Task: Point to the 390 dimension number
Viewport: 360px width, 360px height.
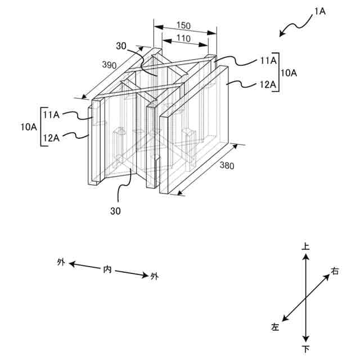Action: pyautogui.click(x=109, y=66)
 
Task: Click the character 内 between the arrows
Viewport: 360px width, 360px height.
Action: pyautogui.click(x=107, y=269)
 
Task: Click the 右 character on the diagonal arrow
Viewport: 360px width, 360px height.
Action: pyautogui.click(x=335, y=272)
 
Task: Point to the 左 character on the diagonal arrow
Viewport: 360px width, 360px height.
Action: pyautogui.click(x=275, y=326)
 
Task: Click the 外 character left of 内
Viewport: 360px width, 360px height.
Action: pyautogui.click(x=61, y=262)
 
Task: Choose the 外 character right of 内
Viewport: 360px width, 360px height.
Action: pyautogui.click(x=154, y=276)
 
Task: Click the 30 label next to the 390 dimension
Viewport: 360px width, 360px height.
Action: pyautogui.click(x=122, y=46)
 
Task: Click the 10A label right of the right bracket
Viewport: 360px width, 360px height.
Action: pyautogui.click(x=290, y=73)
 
